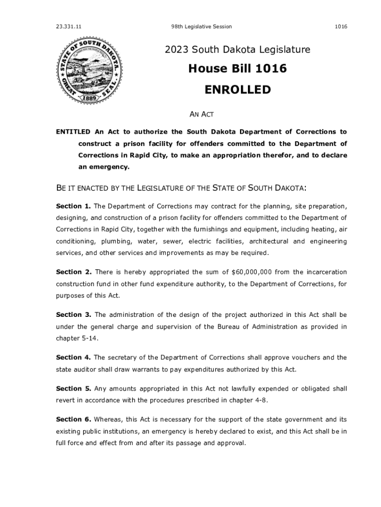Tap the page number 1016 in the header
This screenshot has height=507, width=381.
pos(340,26)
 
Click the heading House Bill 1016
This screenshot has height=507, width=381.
pos(237,69)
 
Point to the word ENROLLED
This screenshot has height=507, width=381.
pos(238,90)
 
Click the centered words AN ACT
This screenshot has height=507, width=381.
pos(202,115)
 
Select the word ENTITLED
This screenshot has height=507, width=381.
pos(73,132)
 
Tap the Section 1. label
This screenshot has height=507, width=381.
pos(73,206)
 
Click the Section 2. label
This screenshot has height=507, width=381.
pos(73,272)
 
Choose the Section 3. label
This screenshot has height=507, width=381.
pos(73,314)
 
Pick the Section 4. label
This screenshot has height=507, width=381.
pos(73,357)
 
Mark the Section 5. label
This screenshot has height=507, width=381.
pos(73,388)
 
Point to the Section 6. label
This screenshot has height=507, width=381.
pos(73,419)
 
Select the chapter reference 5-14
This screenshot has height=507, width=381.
pos(89,338)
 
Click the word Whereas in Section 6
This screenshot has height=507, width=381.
pos(110,419)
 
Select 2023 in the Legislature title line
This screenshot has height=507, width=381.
pos(177,50)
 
